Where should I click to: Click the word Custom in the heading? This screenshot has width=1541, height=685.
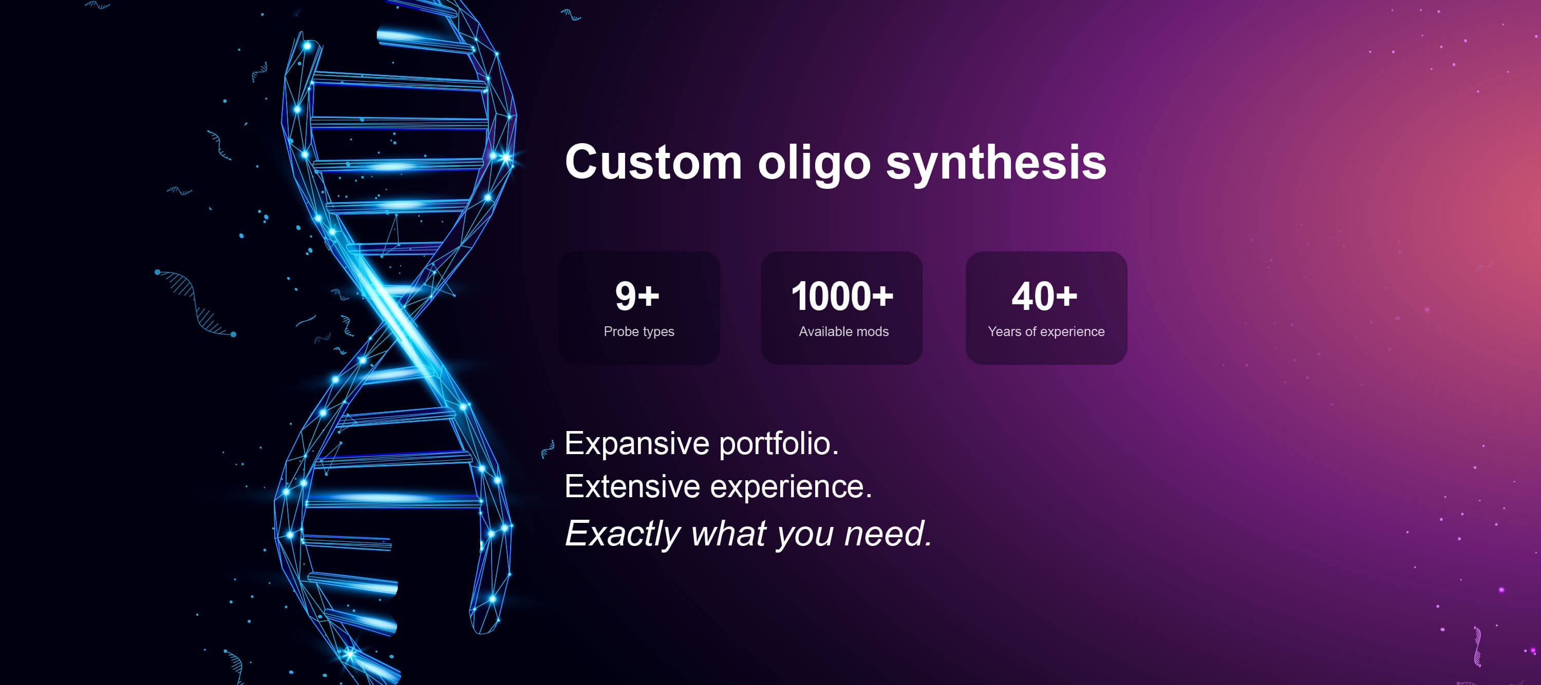(x=654, y=162)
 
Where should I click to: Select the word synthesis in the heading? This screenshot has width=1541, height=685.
(x=996, y=164)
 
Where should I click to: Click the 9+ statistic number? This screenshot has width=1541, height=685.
(x=637, y=296)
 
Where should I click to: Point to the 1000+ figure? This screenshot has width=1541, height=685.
(x=842, y=296)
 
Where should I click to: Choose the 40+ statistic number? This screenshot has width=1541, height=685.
(x=1044, y=296)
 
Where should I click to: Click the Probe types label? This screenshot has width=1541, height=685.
(x=639, y=332)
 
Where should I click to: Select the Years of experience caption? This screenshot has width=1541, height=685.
(x=1046, y=332)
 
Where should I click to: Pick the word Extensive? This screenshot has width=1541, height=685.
(x=632, y=486)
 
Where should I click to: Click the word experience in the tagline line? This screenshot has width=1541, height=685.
(x=791, y=487)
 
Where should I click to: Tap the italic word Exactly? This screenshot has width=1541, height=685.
(x=623, y=534)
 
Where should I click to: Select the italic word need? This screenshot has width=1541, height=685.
(x=888, y=533)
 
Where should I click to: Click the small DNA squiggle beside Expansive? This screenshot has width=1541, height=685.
(x=548, y=449)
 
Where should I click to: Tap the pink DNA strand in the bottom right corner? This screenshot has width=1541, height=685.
(x=1477, y=646)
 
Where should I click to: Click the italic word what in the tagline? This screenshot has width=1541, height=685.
(x=728, y=533)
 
